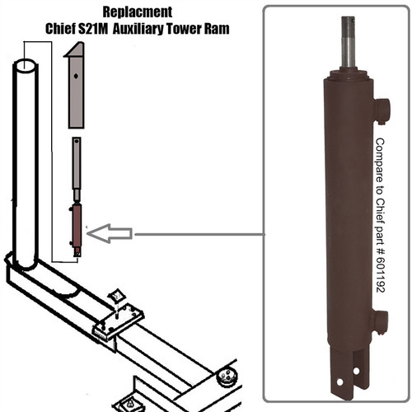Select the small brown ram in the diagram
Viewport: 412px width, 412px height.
point(77,227)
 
